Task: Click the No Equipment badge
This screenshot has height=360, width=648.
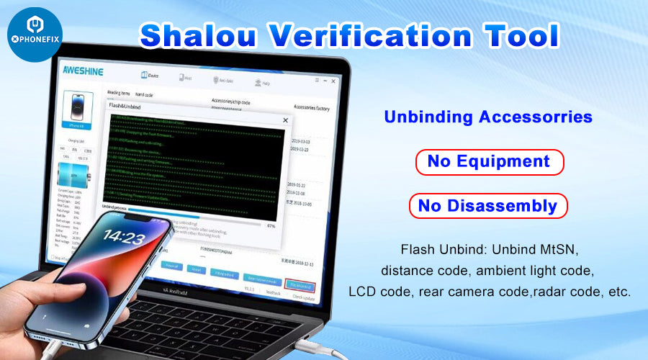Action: click(x=488, y=161)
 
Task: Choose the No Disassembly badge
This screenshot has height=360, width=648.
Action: click(x=488, y=206)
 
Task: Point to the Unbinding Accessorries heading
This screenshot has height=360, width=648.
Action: click(x=488, y=117)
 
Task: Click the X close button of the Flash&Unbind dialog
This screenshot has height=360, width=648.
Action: click(x=285, y=120)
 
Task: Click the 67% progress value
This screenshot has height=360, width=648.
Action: click(x=271, y=225)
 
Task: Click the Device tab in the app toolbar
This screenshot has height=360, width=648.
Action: click(x=149, y=76)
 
